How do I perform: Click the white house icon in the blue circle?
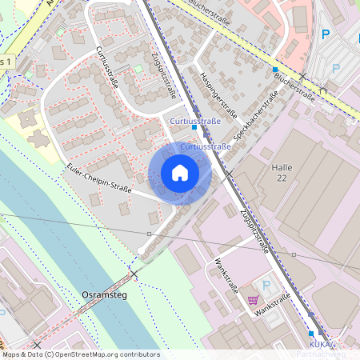coord(180,173)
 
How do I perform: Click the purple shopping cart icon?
coord(253,300)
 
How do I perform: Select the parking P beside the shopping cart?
coord(267,285)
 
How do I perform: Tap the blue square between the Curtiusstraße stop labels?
coord(194,126)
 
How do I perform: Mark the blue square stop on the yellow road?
coord(275,70)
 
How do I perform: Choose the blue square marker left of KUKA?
coord(311,333)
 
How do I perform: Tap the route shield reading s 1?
coord(7,61)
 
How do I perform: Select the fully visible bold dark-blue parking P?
coord(325,34)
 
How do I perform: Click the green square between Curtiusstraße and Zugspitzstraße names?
coord(138,68)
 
